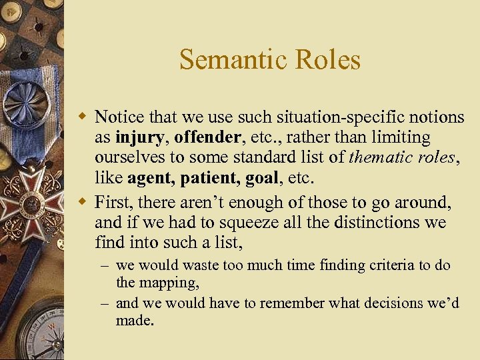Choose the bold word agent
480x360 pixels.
(147, 180)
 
